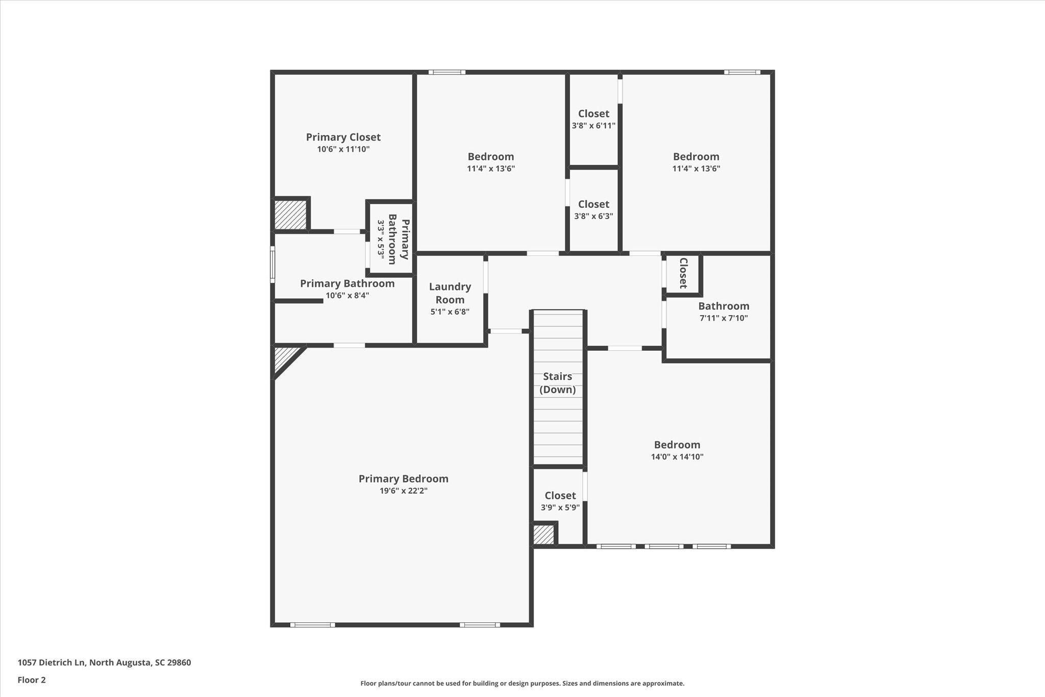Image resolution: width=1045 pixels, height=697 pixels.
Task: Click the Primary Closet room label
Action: click(343, 137)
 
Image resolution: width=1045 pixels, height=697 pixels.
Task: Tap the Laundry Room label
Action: click(450, 293)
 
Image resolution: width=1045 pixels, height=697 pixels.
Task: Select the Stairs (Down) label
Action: click(557, 383)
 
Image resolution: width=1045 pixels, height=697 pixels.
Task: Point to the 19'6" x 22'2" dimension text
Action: click(403, 491)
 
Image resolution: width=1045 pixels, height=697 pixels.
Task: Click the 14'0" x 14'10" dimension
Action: click(677, 456)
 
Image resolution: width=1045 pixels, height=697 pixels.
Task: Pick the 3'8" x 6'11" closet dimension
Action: click(593, 126)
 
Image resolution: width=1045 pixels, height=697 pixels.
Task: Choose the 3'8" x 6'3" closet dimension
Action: click(593, 216)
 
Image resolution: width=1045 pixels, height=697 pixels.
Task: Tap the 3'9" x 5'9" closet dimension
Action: click(560, 508)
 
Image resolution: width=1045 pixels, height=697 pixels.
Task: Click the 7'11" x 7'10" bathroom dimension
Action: click(724, 318)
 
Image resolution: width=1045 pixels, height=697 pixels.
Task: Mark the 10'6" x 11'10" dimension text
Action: click(343, 149)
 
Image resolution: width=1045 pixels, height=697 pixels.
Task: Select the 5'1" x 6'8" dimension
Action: click(450, 311)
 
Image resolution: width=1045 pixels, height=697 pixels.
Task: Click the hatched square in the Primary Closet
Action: click(290, 214)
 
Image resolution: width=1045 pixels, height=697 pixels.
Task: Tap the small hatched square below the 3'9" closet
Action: click(543, 535)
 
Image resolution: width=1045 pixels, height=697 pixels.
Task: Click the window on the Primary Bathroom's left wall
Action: click(272, 265)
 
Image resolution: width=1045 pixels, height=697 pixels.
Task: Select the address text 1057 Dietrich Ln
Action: click(52, 663)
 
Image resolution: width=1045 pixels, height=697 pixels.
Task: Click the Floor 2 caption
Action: click(32, 680)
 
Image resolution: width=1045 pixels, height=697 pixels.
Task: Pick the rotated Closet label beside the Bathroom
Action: click(683, 273)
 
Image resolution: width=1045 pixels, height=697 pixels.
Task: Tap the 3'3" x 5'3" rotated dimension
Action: click(381, 238)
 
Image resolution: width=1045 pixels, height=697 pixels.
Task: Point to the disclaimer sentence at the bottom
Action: click(522, 683)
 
